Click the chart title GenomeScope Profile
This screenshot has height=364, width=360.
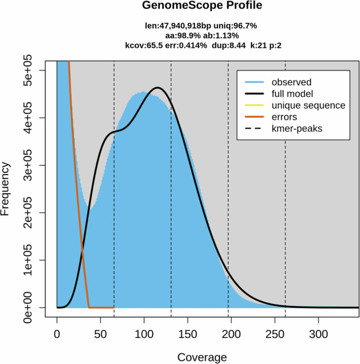point(202,5)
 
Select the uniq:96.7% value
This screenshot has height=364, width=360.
point(235,26)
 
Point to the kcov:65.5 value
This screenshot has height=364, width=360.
point(144,45)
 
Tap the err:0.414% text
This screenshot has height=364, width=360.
point(186,45)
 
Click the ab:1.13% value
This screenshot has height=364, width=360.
point(221,35)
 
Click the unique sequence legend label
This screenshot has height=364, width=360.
point(308,105)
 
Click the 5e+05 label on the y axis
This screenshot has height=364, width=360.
point(28,70)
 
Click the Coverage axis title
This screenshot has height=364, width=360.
point(202,357)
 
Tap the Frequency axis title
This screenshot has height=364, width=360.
point(5,189)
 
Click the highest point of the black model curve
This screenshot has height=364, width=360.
point(158,88)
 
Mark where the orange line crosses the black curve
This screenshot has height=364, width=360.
point(82,250)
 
